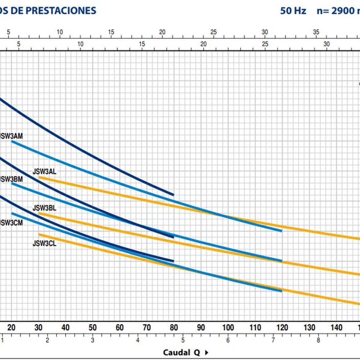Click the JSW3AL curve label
44,172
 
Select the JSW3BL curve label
44,208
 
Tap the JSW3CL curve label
44,243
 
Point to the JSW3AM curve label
11,136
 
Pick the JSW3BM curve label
11,179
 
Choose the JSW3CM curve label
11,223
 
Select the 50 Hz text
293,11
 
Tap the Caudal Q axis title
181,352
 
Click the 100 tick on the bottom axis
228,327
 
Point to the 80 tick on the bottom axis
174,327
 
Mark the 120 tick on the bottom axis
282,327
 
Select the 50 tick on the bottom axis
92,327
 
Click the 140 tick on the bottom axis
336,327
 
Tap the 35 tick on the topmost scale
316,32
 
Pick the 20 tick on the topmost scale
162,32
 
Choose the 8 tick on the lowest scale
318,340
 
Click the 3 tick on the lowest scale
92,340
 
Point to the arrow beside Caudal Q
206,352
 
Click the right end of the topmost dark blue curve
173,195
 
